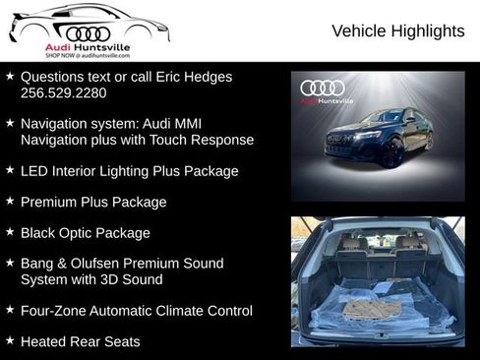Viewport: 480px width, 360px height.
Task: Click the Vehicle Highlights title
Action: (397, 31)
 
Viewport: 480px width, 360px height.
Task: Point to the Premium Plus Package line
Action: (92, 202)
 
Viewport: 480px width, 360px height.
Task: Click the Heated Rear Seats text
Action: (80, 341)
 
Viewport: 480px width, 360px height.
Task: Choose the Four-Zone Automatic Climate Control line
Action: (136, 311)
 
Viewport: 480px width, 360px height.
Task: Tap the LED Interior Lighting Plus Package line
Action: (129, 171)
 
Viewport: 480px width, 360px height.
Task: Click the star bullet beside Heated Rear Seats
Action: (10, 340)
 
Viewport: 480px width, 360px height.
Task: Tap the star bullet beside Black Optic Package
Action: (10, 232)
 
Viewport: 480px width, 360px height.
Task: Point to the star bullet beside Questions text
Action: (10, 76)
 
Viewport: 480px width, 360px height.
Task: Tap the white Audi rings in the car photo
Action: (323, 88)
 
